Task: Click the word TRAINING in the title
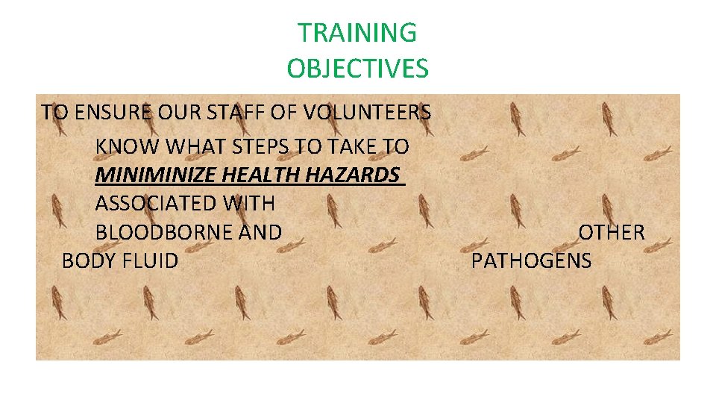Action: coord(357,33)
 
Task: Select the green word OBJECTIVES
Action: coord(357,69)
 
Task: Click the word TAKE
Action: coord(349,146)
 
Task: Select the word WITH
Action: coord(248,203)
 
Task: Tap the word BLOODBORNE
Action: coord(164,232)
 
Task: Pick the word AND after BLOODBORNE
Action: coord(260,232)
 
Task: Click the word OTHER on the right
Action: coord(612,232)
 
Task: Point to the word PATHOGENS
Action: coord(532,260)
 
